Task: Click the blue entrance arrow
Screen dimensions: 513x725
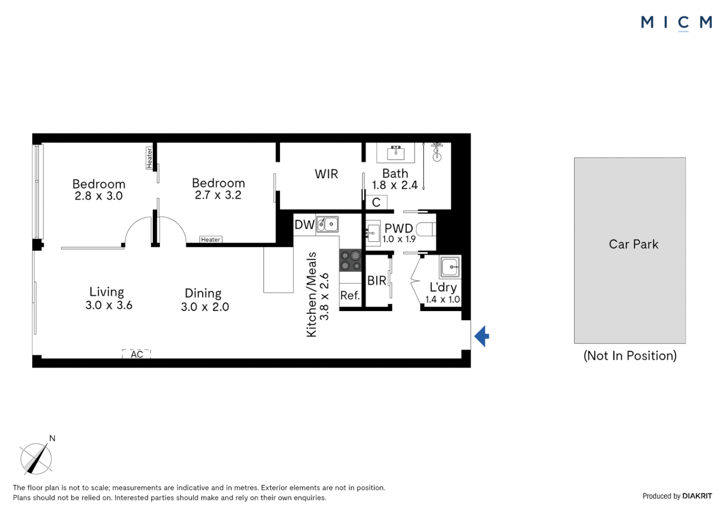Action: (x=482, y=336)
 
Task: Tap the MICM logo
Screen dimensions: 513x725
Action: (x=676, y=23)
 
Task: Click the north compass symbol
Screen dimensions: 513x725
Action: (x=36, y=458)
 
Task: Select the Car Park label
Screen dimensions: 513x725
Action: (x=633, y=244)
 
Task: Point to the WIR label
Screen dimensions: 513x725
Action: (x=326, y=174)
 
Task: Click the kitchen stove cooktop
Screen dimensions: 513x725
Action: (x=351, y=261)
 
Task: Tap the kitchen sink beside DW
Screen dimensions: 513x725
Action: (x=327, y=224)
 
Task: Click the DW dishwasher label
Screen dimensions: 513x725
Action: (x=304, y=224)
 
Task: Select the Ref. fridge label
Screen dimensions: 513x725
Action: (x=350, y=295)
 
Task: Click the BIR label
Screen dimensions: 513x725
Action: (x=377, y=281)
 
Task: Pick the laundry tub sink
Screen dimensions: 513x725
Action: (x=449, y=266)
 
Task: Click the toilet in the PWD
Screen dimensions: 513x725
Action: (x=426, y=229)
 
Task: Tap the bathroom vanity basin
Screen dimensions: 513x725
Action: (x=395, y=153)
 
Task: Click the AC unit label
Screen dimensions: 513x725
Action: (x=137, y=354)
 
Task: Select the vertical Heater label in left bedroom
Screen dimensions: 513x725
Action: (x=149, y=158)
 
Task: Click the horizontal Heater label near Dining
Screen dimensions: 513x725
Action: (x=211, y=239)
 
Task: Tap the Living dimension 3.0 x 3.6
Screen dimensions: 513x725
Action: (x=109, y=305)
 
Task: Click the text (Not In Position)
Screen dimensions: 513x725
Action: (x=630, y=355)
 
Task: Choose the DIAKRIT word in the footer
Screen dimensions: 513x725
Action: (x=697, y=496)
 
